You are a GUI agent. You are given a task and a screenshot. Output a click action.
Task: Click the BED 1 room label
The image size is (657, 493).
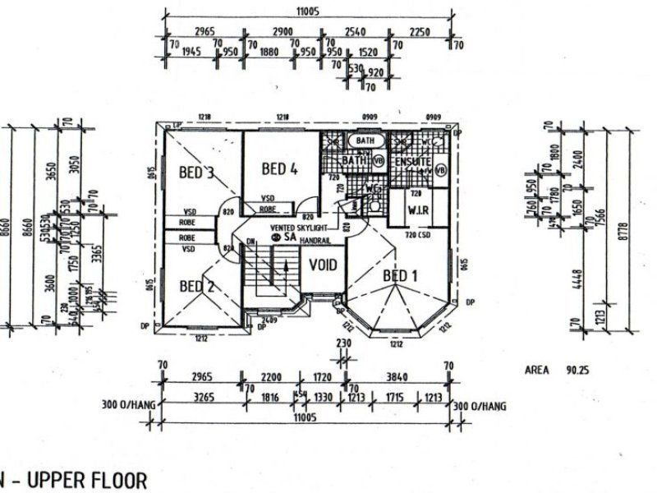pyautogui.click(x=400, y=275)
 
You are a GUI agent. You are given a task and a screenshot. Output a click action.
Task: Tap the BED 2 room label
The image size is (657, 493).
pyautogui.click(x=197, y=286)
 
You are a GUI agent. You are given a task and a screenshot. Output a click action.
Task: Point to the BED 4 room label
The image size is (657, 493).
pyautogui.click(x=278, y=169)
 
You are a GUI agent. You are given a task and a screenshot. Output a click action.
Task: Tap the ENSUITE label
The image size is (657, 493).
pyautogui.click(x=411, y=162)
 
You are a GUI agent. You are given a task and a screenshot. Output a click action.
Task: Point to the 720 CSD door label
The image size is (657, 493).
pyautogui.click(x=416, y=236)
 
